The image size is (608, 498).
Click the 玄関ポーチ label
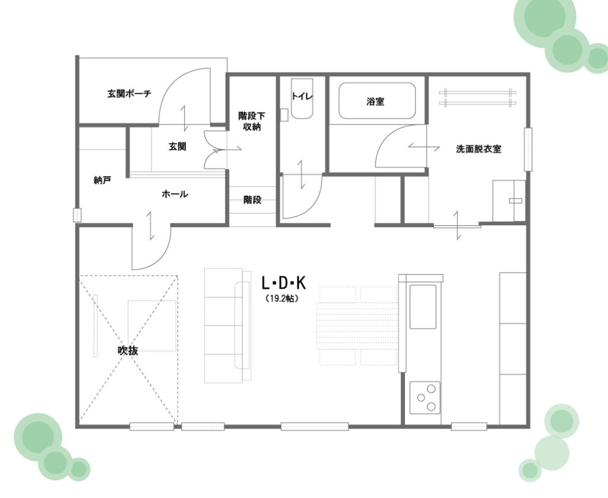[x=129, y=93]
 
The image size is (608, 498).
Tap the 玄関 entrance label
[x=177, y=146]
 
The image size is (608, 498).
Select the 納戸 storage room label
[x=103, y=180]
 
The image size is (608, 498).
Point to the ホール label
[x=175, y=194]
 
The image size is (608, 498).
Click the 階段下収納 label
[x=252, y=121]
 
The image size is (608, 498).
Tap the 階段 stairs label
[x=252, y=200]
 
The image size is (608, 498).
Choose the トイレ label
[x=302, y=97]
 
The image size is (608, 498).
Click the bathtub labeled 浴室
[x=377, y=101]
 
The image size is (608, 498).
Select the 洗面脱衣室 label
[x=479, y=149]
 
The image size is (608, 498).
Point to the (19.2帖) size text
[x=282, y=299]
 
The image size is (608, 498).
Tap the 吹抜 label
[x=128, y=351]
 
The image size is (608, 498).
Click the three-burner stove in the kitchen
[x=425, y=397]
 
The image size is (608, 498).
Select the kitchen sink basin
[x=423, y=307]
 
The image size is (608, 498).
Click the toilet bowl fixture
[x=302, y=99]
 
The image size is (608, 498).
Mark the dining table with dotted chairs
[x=357, y=326]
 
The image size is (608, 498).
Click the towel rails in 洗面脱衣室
[x=478, y=98]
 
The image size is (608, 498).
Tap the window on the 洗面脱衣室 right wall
[x=528, y=149]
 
